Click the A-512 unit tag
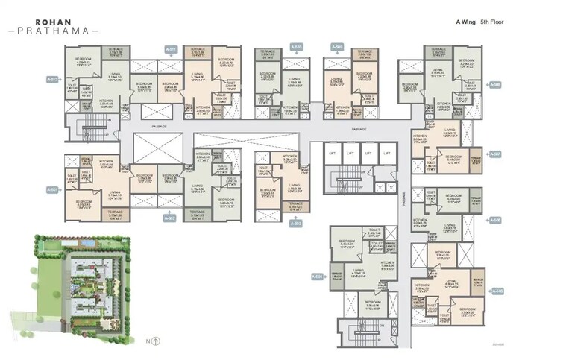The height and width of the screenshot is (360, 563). click(x=52, y=78)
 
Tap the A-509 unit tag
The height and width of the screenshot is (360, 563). click(x=337, y=47)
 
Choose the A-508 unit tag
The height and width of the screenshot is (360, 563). click(x=497, y=84)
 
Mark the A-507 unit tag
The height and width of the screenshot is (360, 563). click(x=497, y=154)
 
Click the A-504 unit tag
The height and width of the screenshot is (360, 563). click(x=316, y=277)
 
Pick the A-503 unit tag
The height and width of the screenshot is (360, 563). click(x=295, y=223)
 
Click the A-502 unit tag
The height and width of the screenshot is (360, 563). click(x=169, y=218)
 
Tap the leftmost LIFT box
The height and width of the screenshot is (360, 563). click(x=331, y=154)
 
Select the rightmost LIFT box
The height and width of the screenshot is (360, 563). click(x=386, y=154)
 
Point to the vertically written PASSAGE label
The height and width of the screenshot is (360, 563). click(x=405, y=198)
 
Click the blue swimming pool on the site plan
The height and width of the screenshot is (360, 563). click(x=87, y=244)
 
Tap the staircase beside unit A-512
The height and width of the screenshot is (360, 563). click(x=92, y=122)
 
